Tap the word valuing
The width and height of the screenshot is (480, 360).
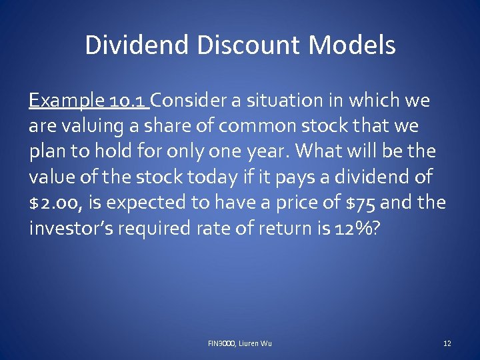pos(83,127)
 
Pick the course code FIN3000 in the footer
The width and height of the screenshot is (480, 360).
pos(221,343)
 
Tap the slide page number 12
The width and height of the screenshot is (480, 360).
pos(447,343)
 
